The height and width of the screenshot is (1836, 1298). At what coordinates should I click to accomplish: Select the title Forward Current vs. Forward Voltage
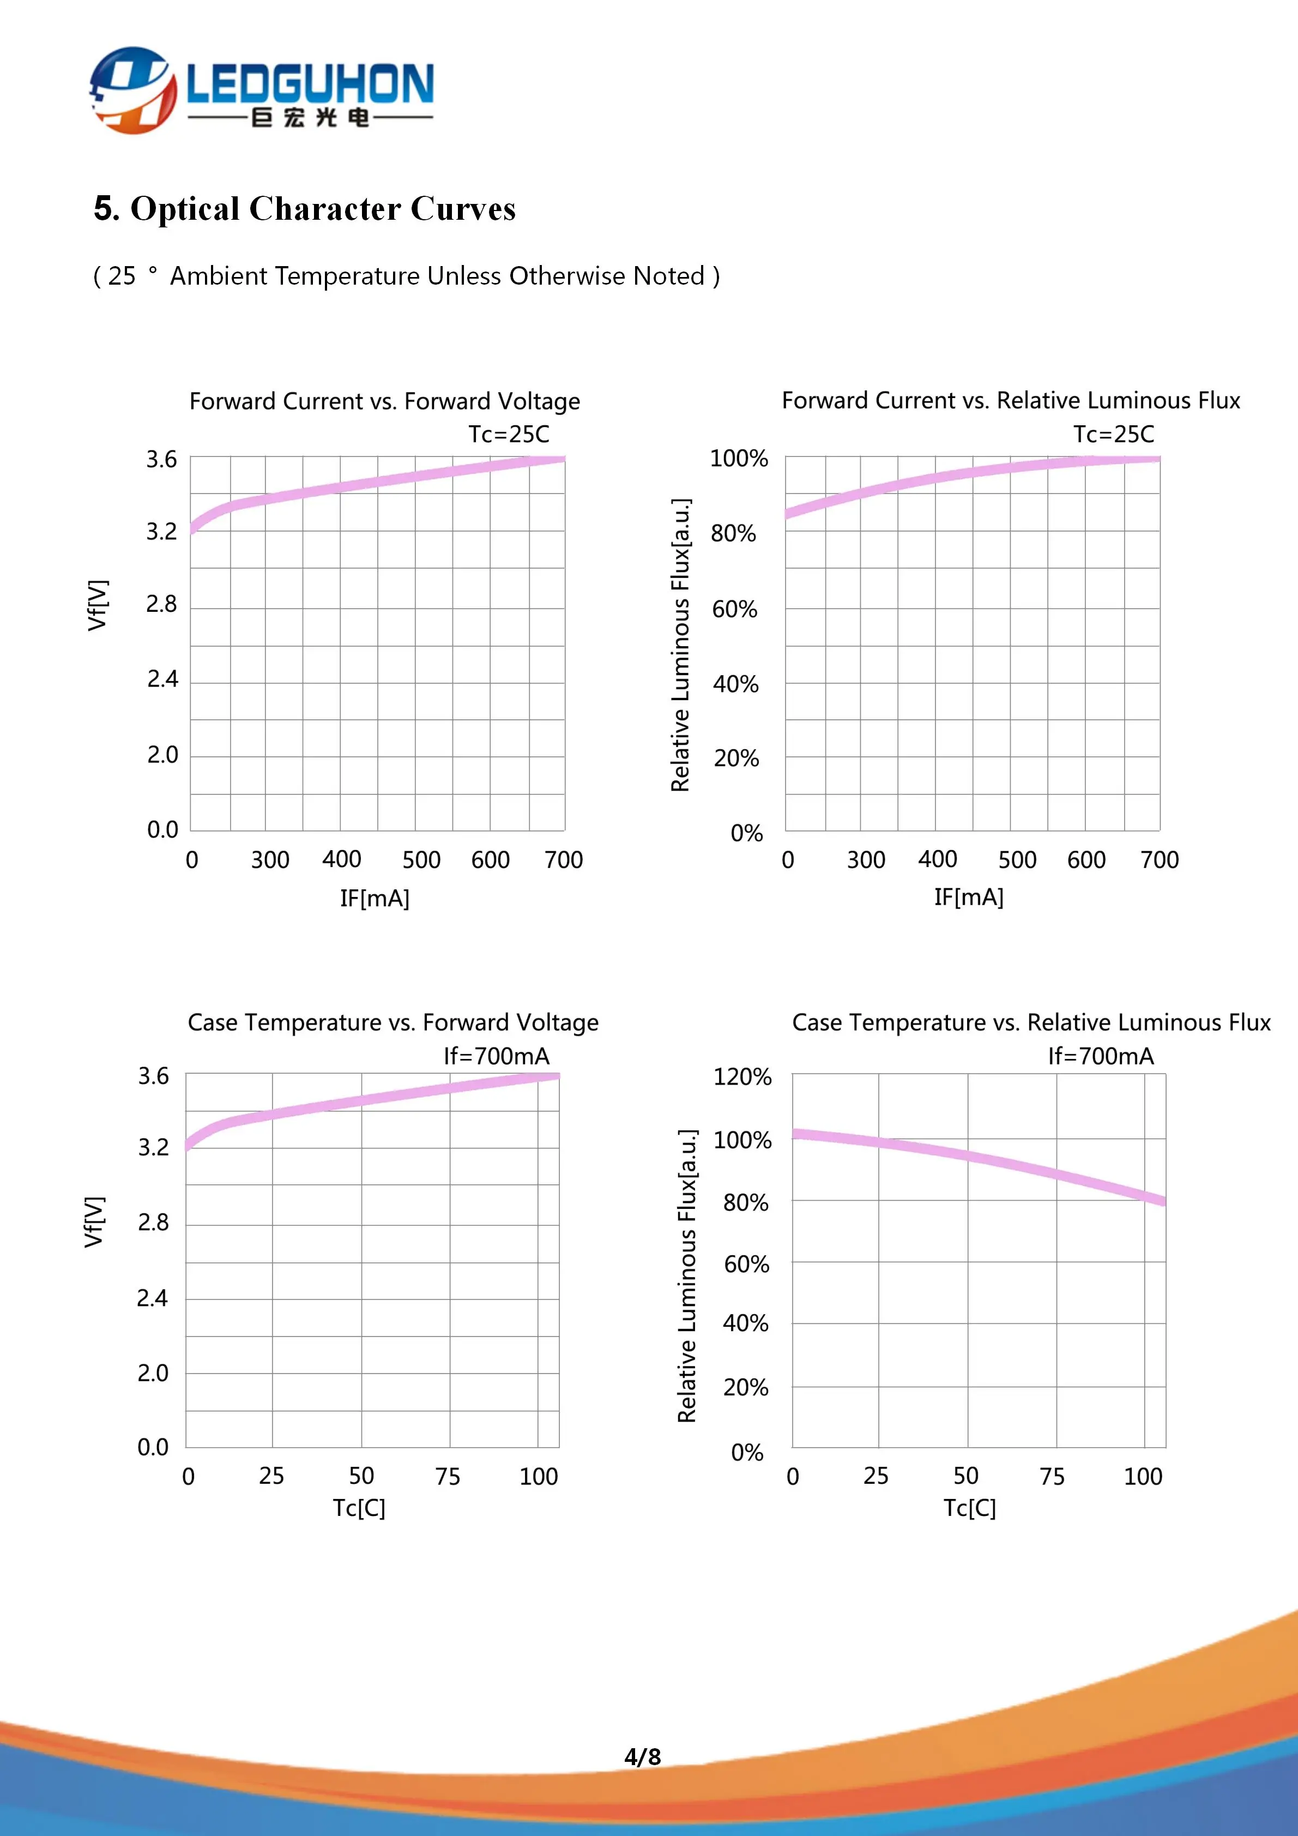(x=384, y=401)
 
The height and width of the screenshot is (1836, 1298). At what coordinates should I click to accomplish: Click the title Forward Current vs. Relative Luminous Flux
(x=1010, y=400)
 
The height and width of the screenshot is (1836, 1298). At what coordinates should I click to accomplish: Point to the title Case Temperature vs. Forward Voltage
(x=393, y=1022)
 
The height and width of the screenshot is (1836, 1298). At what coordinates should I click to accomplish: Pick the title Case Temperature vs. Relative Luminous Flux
(x=1030, y=1022)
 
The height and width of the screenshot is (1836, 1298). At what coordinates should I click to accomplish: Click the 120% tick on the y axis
(x=742, y=1076)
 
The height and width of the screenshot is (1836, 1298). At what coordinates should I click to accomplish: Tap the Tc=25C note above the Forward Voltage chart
(x=508, y=434)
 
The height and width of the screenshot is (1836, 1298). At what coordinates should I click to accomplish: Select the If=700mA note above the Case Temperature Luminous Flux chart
(x=1101, y=1056)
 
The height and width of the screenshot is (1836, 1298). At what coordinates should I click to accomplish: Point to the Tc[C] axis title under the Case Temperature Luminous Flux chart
(x=969, y=1507)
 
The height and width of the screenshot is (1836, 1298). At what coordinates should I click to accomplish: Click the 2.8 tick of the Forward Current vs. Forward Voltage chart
(x=161, y=604)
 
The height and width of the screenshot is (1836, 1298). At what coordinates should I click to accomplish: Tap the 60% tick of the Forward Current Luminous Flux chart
(x=734, y=609)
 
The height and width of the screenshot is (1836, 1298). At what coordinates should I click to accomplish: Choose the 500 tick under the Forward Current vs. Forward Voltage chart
(x=421, y=859)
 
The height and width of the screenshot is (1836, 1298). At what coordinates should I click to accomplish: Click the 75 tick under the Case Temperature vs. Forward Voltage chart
(x=448, y=1476)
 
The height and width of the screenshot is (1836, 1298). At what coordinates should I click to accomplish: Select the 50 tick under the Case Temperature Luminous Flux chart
(x=965, y=1476)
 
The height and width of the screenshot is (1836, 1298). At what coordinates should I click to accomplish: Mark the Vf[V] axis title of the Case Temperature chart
(x=94, y=1222)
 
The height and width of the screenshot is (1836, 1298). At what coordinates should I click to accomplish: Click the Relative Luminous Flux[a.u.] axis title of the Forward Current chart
(x=680, y=645)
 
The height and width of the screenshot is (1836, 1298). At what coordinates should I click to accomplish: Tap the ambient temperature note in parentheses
(x=406, y=276)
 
